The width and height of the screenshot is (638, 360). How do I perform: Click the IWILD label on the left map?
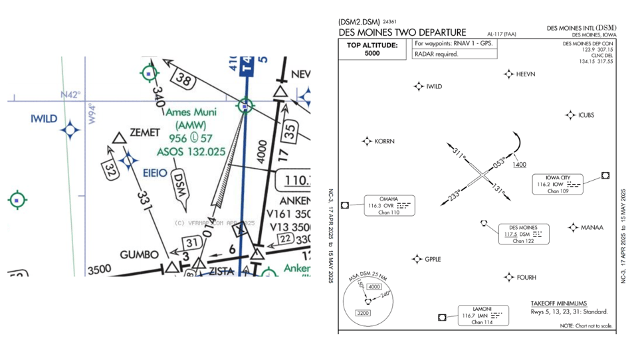click(x=44, y=119)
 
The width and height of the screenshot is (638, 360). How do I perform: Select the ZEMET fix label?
click(x=145, y=133)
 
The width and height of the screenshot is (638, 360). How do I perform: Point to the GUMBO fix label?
click(x=139, y=255)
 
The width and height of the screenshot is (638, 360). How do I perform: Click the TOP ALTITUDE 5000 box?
click(x=372, y=49)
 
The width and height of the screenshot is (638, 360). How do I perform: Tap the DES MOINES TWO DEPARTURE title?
click(x=402, y=32)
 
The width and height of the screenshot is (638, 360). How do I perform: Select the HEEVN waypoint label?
click(x=526, y=74)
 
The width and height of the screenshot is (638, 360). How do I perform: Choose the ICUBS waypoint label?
click(x=586, y=115)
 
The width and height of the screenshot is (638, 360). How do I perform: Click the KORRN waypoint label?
click(x=384, y=141)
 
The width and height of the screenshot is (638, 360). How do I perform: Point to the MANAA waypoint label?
click(x=592, y=228)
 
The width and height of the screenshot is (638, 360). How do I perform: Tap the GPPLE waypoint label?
click(x=433, y=259)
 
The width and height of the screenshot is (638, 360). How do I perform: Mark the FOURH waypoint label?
click(x=526, y=278)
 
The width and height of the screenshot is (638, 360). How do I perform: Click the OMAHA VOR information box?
click(x=389, y=206)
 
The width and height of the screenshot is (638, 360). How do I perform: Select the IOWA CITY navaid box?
click(x=558, y=184)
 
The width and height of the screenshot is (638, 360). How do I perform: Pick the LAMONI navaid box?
click(x=482, y=315)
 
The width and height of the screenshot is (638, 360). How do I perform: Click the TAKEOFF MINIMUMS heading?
click(x=558, y=303)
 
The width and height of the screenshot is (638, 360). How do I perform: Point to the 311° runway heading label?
click(x=458, y=153)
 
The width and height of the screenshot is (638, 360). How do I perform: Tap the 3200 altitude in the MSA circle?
click(x=363, y=313)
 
